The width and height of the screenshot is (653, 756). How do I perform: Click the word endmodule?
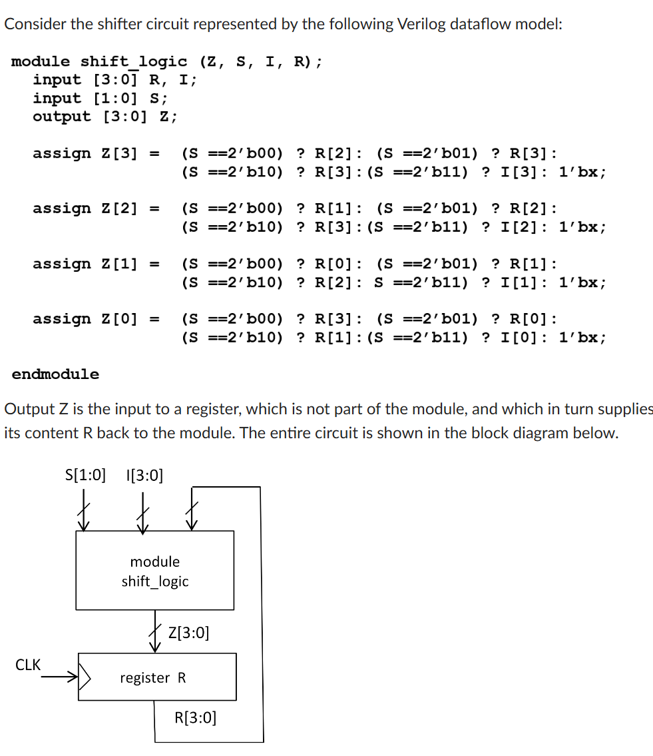click(55, 374)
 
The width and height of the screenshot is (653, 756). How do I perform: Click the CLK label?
click(28, 665)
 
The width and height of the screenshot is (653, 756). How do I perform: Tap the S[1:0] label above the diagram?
click(85, 475)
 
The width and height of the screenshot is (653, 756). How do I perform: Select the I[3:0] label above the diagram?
click(144, 475)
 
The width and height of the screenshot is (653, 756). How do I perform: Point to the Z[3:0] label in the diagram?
click(189, 632)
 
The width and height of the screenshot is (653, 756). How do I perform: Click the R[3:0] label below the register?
click(195, 717)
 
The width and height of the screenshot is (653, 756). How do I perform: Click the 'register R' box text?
click(153, 678)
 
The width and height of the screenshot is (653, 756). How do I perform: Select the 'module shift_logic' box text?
click(155, 571)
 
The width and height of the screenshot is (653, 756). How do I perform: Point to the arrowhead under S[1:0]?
click(83, 526)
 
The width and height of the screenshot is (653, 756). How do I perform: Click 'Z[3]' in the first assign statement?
click(119, 154)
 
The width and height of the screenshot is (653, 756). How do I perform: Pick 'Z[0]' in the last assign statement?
click(119, 319)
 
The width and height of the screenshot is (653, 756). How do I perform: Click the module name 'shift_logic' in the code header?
click(134, 62)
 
